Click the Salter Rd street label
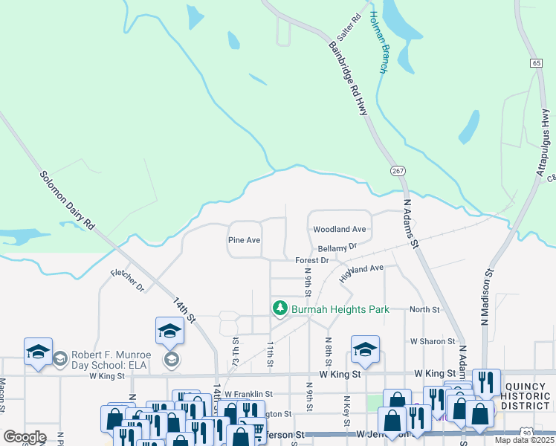(349, 28)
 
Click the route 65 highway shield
(536, 63)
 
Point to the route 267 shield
(398, 171)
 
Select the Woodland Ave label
(340, 230)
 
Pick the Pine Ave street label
(244, 240)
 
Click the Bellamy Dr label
(337, 245)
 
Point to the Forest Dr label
(311, 260)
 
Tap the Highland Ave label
(361, 273)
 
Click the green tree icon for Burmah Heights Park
(279, 308)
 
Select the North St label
(424, 309)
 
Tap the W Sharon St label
(432, 341)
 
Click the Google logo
(25, 436)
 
